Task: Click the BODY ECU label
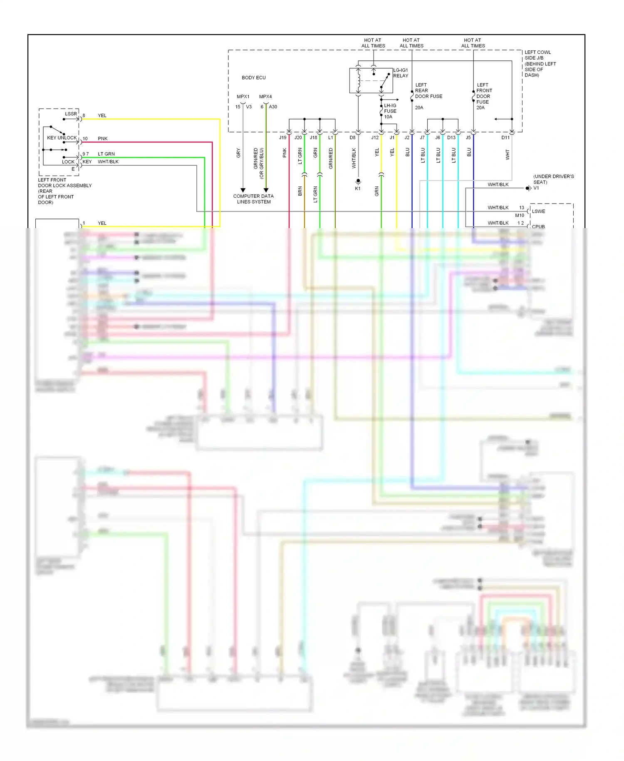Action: tap(253, 78)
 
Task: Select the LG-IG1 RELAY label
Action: tap(401, 73)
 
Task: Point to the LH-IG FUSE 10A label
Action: tap(390, 111)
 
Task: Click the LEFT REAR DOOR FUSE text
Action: tap(428, 91)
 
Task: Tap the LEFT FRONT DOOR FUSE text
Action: tap(484, 93)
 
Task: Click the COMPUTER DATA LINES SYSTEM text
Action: tap(253, 199)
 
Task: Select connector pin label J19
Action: tap(282, 137)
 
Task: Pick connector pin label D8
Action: tap(352, 137)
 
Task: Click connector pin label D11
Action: tap(505, 137)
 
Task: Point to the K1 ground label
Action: tap(357, 189)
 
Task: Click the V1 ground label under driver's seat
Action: tap(536, 188)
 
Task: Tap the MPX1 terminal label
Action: tap(243, 97)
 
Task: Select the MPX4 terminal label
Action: tap(265, 97)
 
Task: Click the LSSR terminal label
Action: tap(71, 114)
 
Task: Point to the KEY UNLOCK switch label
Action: tap(62, 138)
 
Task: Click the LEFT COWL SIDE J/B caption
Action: tap(540, 64)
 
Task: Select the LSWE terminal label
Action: tap(538, 211)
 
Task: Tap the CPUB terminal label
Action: tap(538, 226)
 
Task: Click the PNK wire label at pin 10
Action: tap(102, 139)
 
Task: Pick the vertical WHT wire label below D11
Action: tap(508, 155)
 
